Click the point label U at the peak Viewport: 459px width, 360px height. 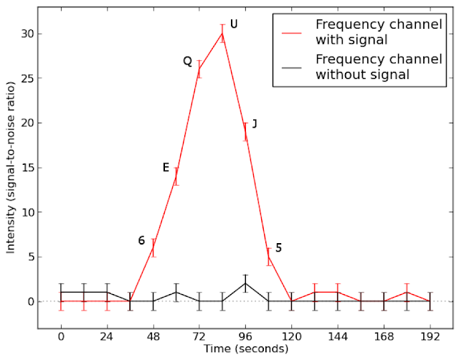[234, 24]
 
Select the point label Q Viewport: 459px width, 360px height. [188, 62]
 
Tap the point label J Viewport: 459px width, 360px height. [255, 123]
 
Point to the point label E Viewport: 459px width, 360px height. [166, 168]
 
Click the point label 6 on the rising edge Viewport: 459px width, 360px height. [142, 241]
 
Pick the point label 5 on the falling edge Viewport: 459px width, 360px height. [278, 248]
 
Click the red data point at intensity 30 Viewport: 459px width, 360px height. [222, 34]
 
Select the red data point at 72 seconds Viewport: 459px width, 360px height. [199, 70]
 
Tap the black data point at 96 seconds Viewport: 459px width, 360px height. [245, 283]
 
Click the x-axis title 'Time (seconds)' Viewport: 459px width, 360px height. [245, 349]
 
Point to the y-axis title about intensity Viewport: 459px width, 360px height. [11, 167]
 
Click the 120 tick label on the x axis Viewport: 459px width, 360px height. [291, 336]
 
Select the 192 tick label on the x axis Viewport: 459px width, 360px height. [430, 336]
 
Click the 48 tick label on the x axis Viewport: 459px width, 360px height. [153, 336]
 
